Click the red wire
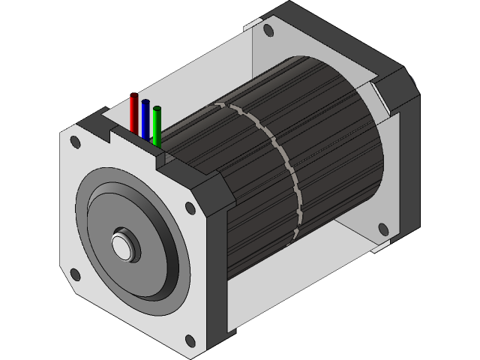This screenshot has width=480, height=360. coord(134,114)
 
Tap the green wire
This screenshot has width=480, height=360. coord(157,126)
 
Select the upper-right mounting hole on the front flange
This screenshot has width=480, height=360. coord(189,208)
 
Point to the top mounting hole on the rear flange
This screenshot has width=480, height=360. coord(267,31)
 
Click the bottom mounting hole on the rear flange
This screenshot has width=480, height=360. coord(383,229)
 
